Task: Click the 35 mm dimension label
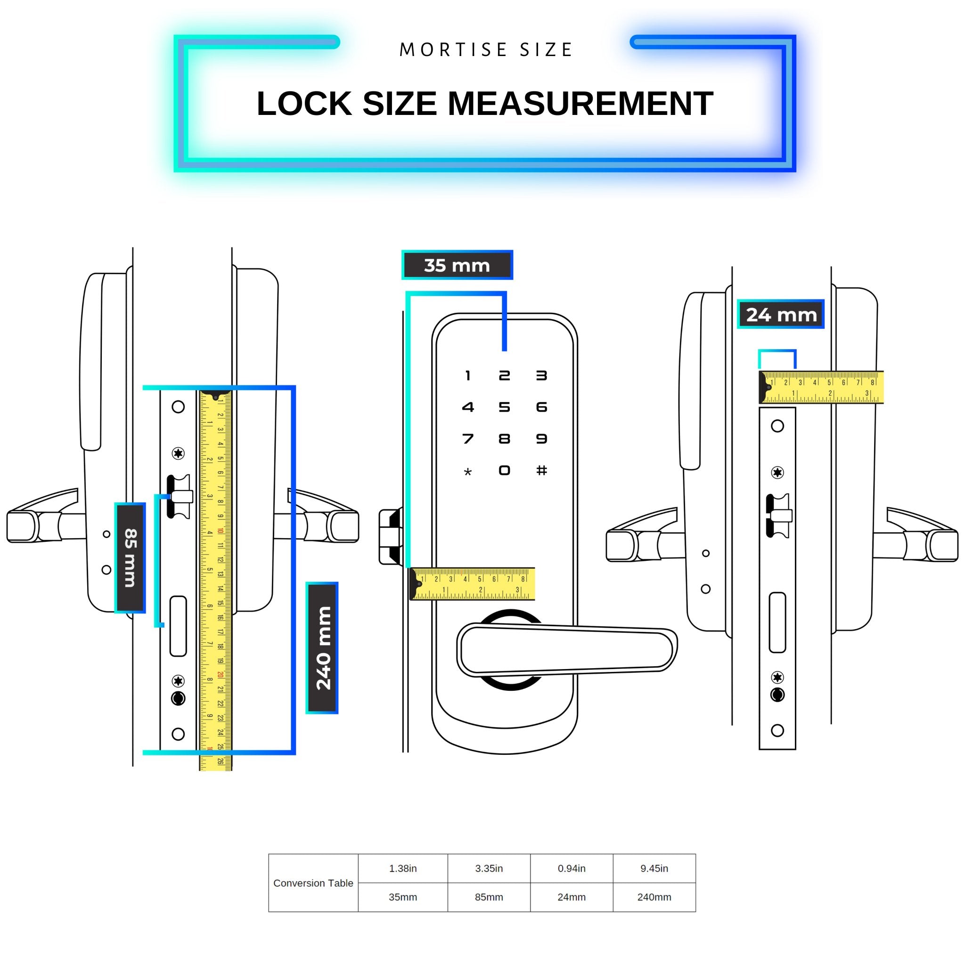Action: [457, 265]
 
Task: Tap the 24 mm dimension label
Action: [781, 315]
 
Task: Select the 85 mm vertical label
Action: [131, 557]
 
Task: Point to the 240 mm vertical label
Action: [322, 648]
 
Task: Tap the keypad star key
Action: [467, 472]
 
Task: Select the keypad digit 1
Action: [467, 376]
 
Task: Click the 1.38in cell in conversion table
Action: [402, 868]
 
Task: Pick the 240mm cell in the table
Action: [654, 897]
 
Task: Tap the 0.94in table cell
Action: [572, 868]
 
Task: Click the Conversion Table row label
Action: [313, 883]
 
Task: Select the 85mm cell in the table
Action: [489, 897]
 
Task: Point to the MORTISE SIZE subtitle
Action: [486, 50]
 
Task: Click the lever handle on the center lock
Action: [567, 649]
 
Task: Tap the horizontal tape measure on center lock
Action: [472, 584]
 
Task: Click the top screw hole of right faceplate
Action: [777, 426]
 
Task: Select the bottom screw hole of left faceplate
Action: [178, 734]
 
